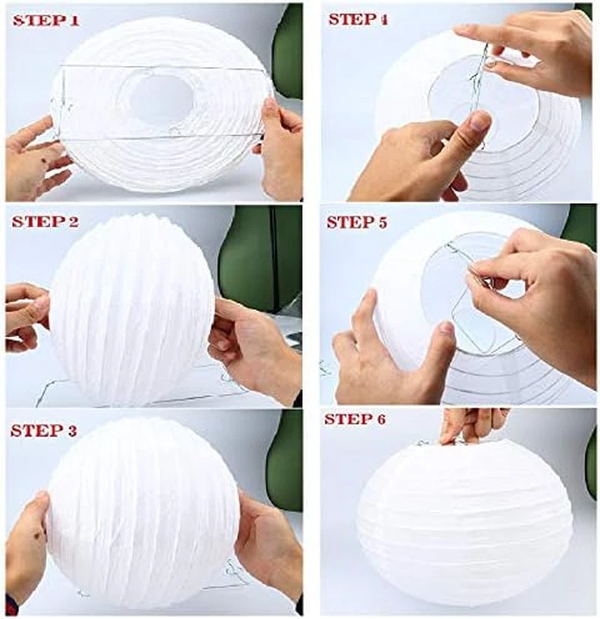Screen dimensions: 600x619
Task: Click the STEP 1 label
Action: click(46, 21)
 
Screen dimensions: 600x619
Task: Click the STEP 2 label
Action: click(45, 222)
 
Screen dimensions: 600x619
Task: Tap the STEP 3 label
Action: click(43, 431)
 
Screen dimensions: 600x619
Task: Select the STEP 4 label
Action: click(358, 19)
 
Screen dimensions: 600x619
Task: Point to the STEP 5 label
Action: click(357, 223)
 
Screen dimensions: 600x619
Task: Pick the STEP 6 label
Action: click(355, 420)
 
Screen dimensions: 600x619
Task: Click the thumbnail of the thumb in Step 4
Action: click(481, 121)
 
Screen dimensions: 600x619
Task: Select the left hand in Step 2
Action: click(25, 315)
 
